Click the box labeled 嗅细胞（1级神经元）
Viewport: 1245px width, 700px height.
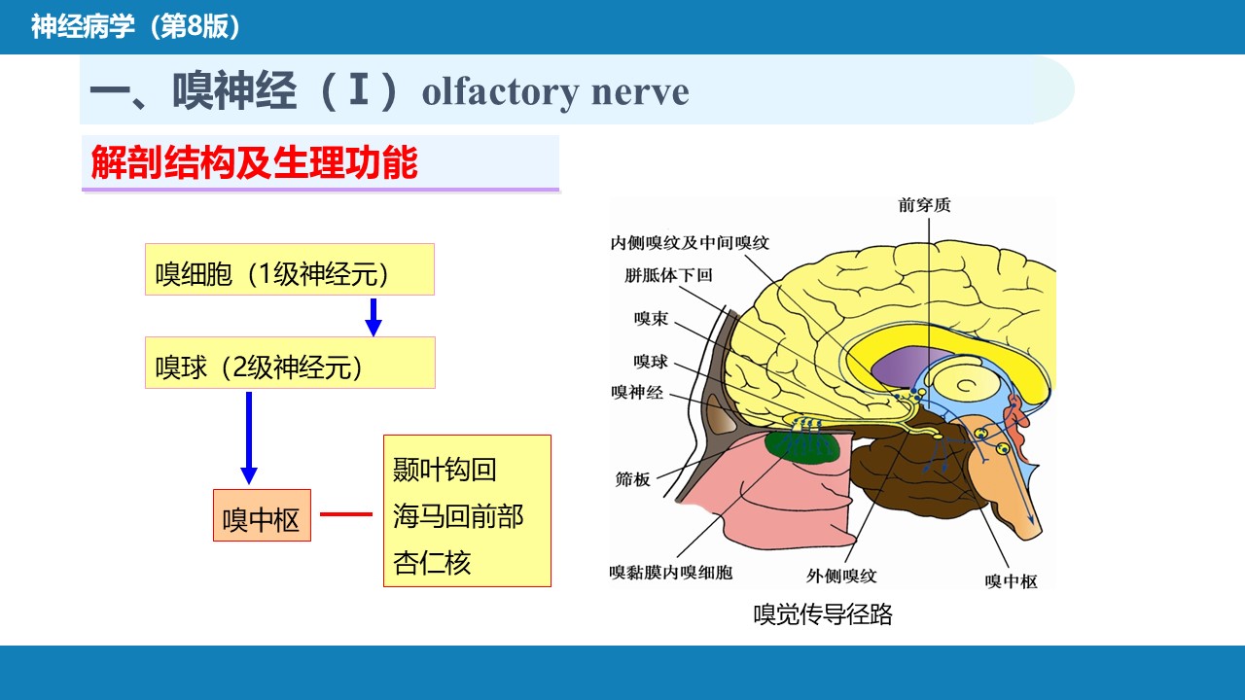click(290, 269)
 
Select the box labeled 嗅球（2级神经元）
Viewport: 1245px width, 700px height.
click(290, 363)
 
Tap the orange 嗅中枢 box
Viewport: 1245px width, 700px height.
click(262, 515)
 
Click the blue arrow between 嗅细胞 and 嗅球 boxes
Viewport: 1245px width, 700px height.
click(373, 317)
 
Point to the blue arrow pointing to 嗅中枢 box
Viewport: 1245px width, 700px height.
click(249, 437)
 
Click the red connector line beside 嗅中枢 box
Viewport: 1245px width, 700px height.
click(345, 514)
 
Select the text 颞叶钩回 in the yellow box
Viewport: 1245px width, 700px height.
click(445, 470)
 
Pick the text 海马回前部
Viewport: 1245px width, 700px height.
click(458, 516)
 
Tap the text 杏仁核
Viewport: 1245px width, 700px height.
click(432, 563)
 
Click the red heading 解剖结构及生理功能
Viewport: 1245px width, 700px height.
click(255, 162)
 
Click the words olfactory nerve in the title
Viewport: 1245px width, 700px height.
click(555, 92)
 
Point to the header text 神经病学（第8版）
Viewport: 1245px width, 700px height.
click(135, 26)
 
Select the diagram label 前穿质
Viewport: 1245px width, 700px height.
click(924, 205)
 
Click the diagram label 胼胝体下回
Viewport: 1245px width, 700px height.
click(668, 275)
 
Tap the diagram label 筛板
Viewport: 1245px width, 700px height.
click(632, 479)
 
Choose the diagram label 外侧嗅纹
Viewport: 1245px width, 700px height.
click(841, 577)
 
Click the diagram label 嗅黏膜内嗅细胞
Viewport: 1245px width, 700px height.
click(671, 573)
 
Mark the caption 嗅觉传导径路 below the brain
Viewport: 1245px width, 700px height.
click(823, 614)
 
